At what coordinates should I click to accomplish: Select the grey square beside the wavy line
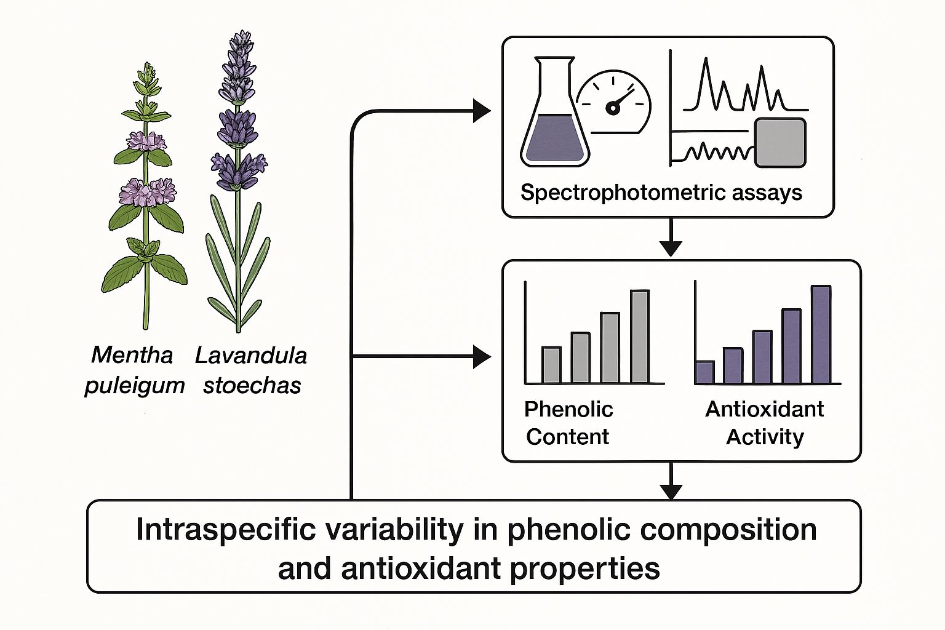pyautogui.click(x=780, y=143)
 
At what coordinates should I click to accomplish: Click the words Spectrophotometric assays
pyautogui.click(x=661, y=193)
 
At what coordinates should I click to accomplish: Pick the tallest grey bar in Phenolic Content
pyautogui.click(x=640, y=337)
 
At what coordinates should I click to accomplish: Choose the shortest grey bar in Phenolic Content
pyautogui.click(x=551, y=365)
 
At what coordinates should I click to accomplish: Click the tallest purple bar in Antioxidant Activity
pyautogui.click(x=821, y=335)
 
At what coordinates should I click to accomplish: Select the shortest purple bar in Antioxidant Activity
pyautogui.click(x=704, y=372)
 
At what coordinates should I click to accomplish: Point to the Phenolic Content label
pyautogui.click(x=568, y=423)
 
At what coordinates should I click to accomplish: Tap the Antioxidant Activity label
pyautogui.click(x=765, y=423)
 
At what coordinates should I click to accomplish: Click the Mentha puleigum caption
pyautogui.click(x=134, y=370)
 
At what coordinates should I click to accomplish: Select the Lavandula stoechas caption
pyautogui.click(x=252, y=370)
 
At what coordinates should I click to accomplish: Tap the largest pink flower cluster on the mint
pyautogui.click(x=147, y=192)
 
